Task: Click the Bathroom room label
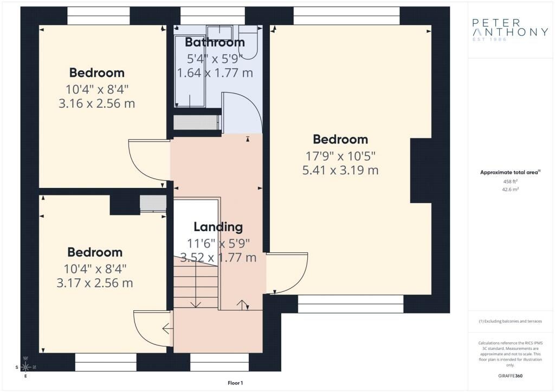click(215, 42)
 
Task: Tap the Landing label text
click(218, 227)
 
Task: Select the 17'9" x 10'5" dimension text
click(340, 156)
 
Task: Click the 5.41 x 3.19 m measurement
click(340, 171)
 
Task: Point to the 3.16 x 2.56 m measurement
click(96, 103)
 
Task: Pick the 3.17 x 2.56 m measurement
click(94, 283)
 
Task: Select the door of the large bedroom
click(287, 273)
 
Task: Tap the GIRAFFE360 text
click(509, 375)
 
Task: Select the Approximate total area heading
click(510, 172)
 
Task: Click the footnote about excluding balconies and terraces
click(509, 321)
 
